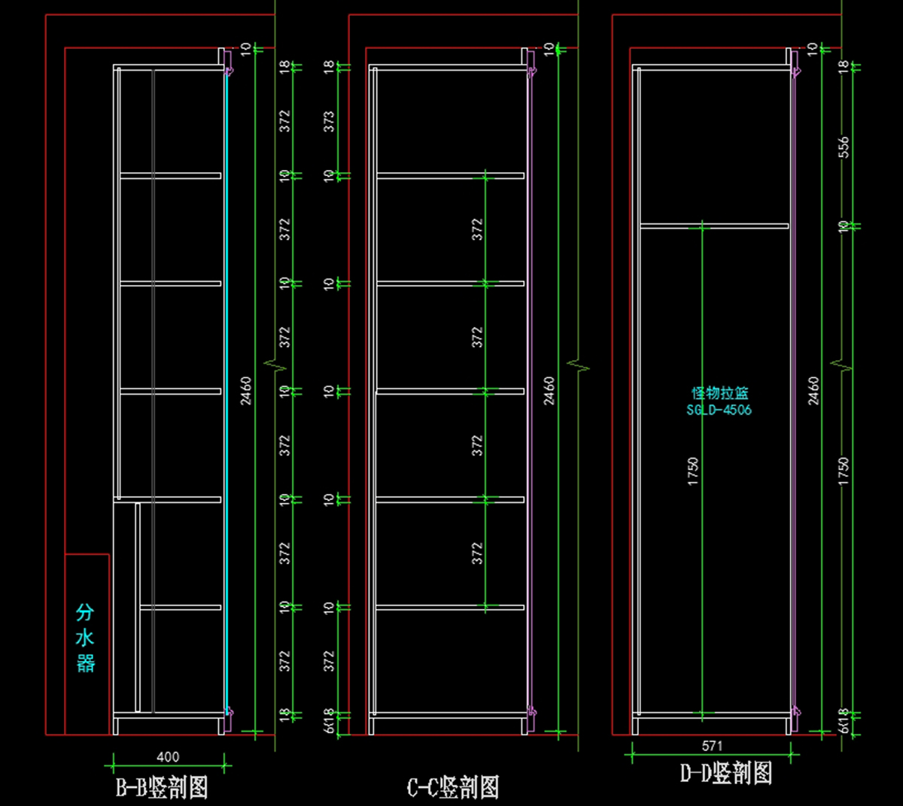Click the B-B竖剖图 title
(161, 787)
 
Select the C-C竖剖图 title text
(453, 787)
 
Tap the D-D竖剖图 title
(726, 773)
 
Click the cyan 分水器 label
(85, 638)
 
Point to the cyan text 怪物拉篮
(720, 393)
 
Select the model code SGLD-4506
(719, 410)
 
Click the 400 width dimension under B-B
(168, 757)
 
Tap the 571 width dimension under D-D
(712, 746)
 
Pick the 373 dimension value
(329, 122)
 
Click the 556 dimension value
(844, 147)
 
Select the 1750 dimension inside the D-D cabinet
(693, 471)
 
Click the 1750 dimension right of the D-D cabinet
(844, 471)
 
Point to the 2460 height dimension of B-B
(246, 391)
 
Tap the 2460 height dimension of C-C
(549, 391)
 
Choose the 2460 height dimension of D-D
(813, 391)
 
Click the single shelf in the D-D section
(714, 226)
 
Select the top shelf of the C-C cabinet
(450, 176)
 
